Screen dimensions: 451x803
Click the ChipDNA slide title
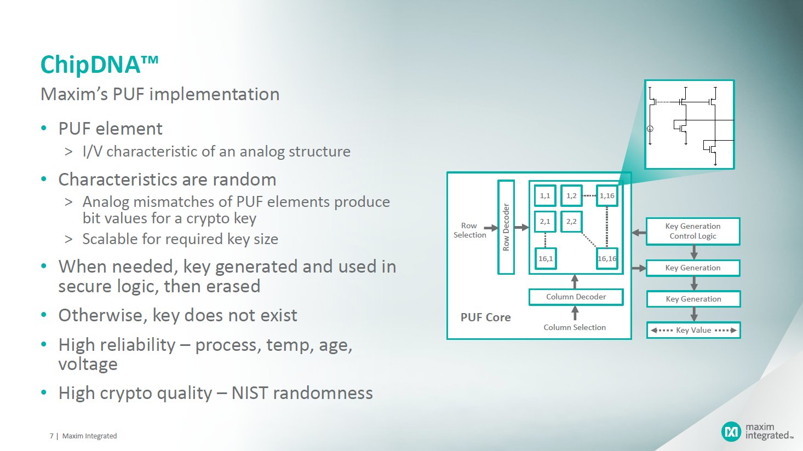tap(99, 65)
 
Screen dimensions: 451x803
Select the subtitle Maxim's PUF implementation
tap(160, 94)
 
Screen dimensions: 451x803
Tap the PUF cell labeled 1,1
tap(545, 195)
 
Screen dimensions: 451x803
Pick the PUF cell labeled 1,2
tap(571, 195)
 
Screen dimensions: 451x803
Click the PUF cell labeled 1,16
tap(607, 195)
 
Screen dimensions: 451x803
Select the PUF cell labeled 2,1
tap(545, 222)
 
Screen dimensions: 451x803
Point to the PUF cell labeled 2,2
tap(571, 222)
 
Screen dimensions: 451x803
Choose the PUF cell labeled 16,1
tap(546, 258)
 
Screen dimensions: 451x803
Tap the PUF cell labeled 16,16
tap(607, 258)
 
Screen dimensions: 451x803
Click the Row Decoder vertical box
tap(506, 227)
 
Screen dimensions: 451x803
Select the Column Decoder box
tap(576, 297)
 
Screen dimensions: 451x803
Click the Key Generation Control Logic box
tap(693, 231)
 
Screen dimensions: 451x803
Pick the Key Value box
tap(693, 330)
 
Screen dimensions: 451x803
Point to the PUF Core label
tap(485, 317)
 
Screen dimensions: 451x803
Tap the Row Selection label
tap(469, 230)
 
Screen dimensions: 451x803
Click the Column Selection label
tap(575, 327)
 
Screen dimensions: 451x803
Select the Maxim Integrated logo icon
tap(731, 431)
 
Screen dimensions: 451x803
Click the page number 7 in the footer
tap(51, 436)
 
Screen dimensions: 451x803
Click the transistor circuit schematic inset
tap(689, 125)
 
